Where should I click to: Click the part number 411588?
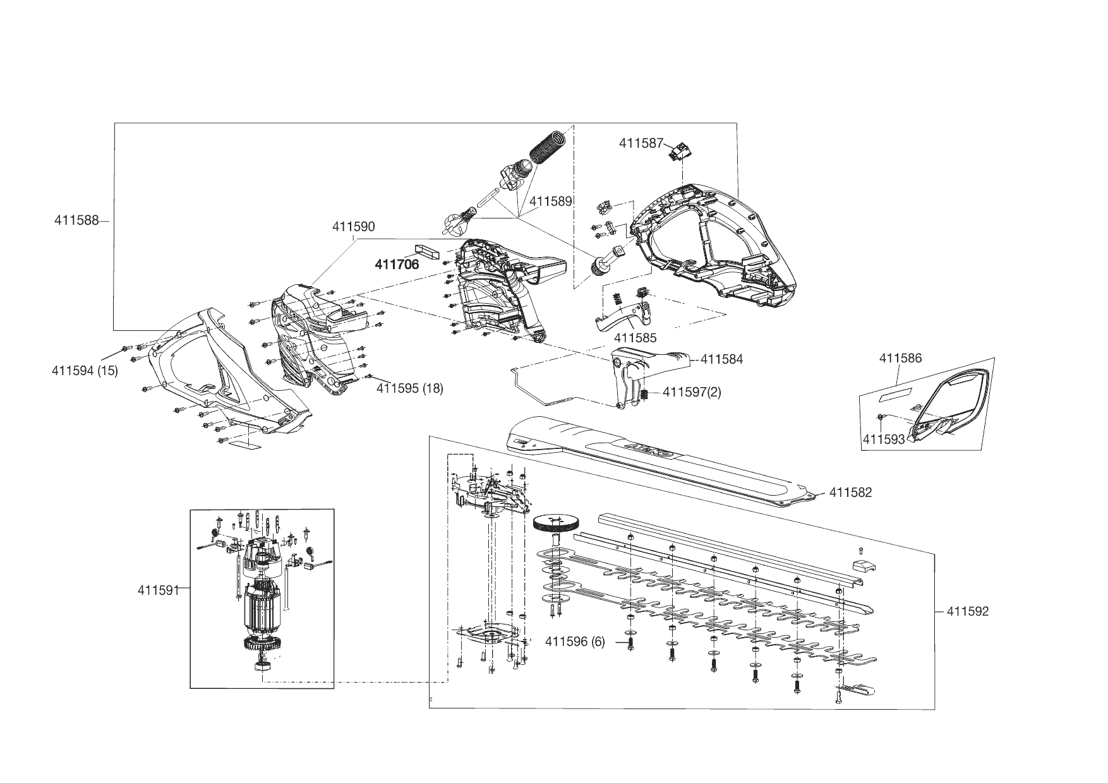(76, 220)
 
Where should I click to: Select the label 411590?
(353, 227)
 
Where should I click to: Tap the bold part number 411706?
(397, 265)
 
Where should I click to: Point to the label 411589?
(550, 201)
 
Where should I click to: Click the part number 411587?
(641, 143)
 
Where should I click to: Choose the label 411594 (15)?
(85, 371)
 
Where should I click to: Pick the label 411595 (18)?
(409, 388)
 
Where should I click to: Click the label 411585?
(635, 338)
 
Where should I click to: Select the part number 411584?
(721, 359)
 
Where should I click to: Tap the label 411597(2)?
(692, 392)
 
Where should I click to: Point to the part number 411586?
(900, 359)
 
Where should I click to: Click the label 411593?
(884, 439)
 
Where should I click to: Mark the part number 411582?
(850, 493)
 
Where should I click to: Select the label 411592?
(967, 611)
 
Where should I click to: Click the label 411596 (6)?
(575, 642)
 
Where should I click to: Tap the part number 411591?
(159, 590)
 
